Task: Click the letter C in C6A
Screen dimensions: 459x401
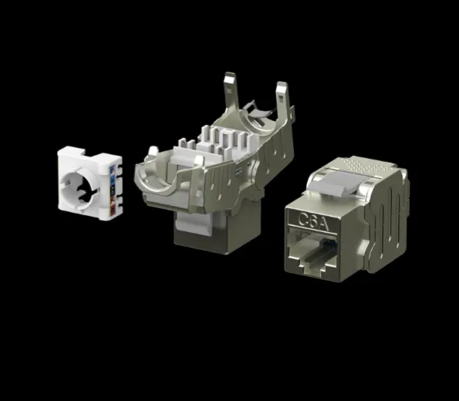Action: [x=303, y=219]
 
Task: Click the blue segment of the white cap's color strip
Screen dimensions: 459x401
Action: [x=112, y=170]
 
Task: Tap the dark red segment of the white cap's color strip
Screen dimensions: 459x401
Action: [x=113, y=208]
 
